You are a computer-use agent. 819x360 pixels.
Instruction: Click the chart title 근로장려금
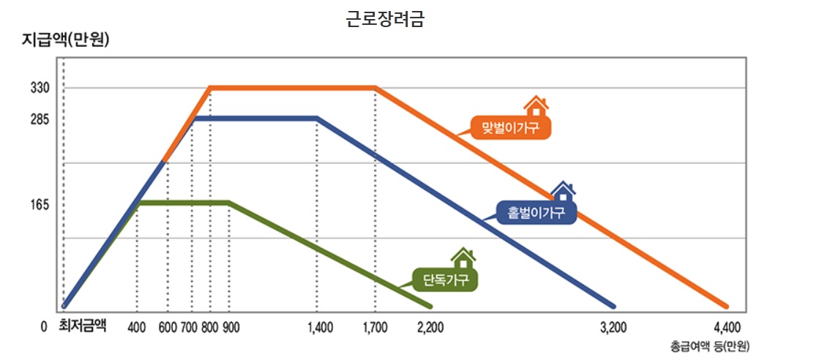click(x=385, y=19)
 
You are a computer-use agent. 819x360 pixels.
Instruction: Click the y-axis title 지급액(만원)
click(x=65, y=41)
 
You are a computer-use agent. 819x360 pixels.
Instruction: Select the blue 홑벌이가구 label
click(x=536, y=213)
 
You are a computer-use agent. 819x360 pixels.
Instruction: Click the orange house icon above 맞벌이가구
click(x=536, y=107)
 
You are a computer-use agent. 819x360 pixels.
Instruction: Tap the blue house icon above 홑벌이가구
click(x=562, y=192)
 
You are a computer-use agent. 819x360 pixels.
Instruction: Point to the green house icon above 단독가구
click(x=463, y=258)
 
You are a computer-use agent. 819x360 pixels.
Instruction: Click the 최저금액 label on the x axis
click(x=83, y=326)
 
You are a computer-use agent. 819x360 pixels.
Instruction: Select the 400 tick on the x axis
click(x=137, y=327)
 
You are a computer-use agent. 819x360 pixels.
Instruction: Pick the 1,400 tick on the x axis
click(x=321, y=327)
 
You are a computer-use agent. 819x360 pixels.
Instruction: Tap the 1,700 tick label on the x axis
click(x=375, y=327)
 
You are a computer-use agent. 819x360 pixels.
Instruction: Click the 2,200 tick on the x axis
click(x=430, y=327)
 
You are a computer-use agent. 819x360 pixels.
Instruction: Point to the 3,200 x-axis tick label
click(x=613, y=327)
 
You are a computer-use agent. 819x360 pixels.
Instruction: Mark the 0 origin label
click(x=44, y=327)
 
